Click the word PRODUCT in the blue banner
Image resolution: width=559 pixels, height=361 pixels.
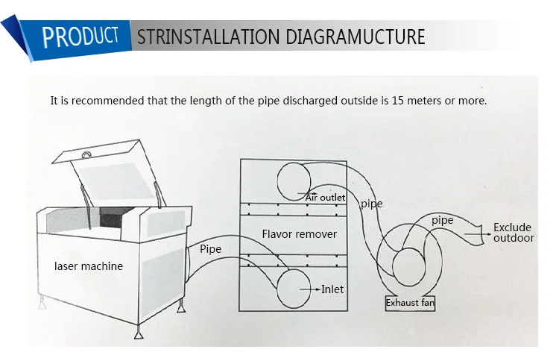coord(80,35)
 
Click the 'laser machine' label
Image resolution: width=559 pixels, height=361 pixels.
coord(89,266)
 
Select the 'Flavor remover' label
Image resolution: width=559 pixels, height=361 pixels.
coord(299,234)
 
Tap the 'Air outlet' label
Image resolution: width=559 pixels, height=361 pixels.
coord(325,196)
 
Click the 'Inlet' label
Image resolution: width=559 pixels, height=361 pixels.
coord(332,289)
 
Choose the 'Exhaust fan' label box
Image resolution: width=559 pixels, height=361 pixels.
coord(410,304)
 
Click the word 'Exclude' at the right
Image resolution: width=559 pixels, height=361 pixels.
coord(512,227)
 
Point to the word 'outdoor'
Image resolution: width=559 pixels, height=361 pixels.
coord(514,238)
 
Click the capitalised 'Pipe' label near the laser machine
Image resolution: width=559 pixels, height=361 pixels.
coord(210,248)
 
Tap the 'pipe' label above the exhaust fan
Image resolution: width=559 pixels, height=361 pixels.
coord(442,220)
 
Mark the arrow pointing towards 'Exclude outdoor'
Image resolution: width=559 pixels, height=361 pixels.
coord(478,233)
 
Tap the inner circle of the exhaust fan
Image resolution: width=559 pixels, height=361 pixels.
coord(408,265)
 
